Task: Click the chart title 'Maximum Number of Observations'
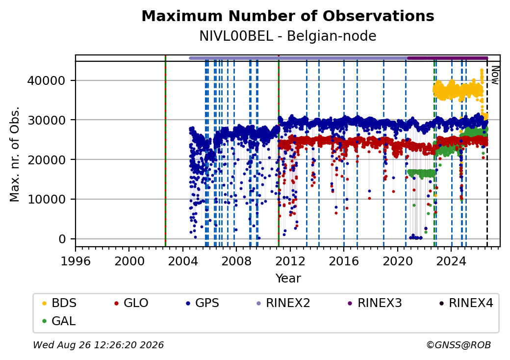[288, 16]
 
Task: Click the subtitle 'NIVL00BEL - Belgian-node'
[288, 36]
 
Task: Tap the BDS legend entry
[60, 303]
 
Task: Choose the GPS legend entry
[203, 303]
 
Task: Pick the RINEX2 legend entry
[283, 303]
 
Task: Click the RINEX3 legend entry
[375, 303]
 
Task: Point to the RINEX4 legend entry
[466, 303]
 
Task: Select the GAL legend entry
[59, 321]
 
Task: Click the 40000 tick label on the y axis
[47, 80]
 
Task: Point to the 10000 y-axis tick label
[47, 199]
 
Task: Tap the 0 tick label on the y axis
[62, 239]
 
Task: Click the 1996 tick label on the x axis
[76, 261]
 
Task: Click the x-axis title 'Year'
[288, 279]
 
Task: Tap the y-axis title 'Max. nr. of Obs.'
[15, 154]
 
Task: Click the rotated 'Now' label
[495, 75]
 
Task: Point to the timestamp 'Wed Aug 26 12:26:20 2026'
[99, 345]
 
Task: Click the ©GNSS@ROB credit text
[459, 345]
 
